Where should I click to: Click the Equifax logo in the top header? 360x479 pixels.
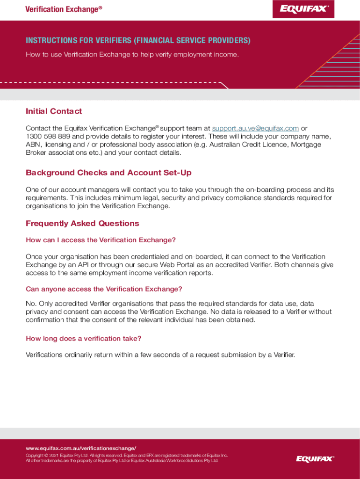click(x=303, y=8)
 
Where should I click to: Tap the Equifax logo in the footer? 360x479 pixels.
click(x=315, y=458)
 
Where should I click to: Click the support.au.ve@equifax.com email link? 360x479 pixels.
click(x=255, y=128)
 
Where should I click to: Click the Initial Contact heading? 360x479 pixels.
click(x=54, y=111)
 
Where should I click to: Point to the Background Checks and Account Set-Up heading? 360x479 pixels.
click(x=108, y=173)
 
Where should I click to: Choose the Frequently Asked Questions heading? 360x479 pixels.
click(x=82, y=224)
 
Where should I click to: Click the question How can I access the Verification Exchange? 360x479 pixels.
click(x=101, y=240)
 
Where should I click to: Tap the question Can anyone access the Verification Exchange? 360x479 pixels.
click(x=104, y=289)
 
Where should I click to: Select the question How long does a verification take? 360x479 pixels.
click(x=83, y=338)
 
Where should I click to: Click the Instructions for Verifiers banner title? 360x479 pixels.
click(x=138, y=41)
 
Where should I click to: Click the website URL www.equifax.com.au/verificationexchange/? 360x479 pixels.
click(x=81, y=448)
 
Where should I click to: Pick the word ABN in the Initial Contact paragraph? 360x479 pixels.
click(x=33, y=145)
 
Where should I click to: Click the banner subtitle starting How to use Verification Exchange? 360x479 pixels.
click(x=132, y=55)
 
